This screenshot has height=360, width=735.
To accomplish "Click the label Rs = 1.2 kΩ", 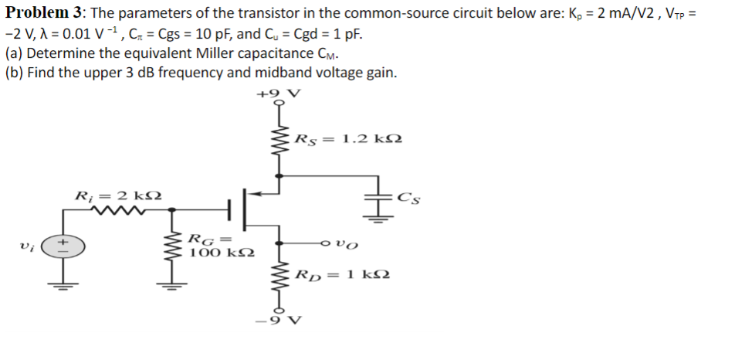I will pos(348,140).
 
